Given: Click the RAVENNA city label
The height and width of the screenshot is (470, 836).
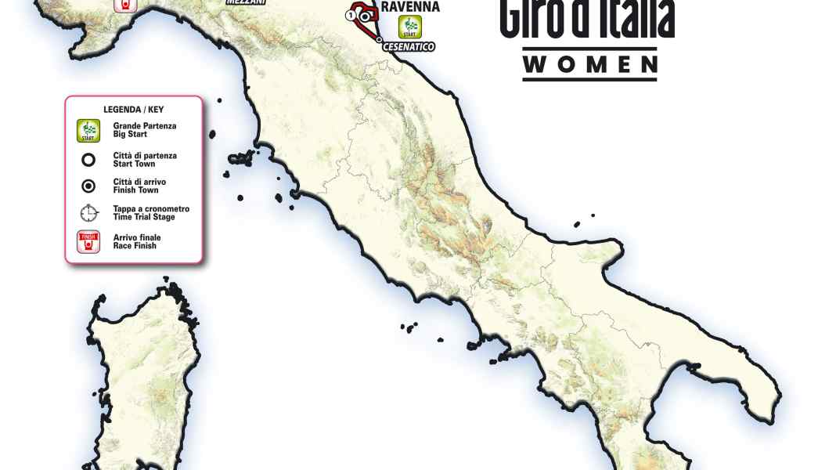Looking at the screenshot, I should pyautogui.click(x=409, y=8).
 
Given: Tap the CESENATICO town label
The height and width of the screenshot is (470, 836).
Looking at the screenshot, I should pyautogui.click(x=408, y=47).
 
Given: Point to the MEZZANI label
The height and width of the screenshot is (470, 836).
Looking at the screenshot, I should pyautogui.click(x=242, y=2).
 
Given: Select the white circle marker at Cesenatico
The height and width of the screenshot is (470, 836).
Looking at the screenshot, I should pyautogui.click(x=379, y=39).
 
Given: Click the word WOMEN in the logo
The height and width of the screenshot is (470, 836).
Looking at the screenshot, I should pyautogui.click(x=589, y=64).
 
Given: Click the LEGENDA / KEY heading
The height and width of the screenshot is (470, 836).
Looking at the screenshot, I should pyautogui.click(x=133, y=109).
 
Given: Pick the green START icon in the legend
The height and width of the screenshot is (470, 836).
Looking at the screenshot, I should pyautogui.click(x=88, y=130).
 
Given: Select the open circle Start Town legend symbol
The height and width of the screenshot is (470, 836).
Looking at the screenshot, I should pyautogui.click(x=88, y=160).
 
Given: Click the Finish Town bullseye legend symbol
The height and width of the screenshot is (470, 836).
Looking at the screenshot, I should pyautogui.click(x=88, y=186).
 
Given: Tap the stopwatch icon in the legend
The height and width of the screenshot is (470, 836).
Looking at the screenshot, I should pyautogui.click(x=88, y=213).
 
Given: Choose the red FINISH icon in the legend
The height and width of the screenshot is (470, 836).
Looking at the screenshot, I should pyautogui.click(x=88, y=241).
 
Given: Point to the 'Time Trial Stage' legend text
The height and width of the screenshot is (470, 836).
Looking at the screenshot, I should pyautogui.click(x=145, y=216).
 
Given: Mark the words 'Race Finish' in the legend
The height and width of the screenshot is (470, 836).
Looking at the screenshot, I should pyautogui.click(x=135, y=246).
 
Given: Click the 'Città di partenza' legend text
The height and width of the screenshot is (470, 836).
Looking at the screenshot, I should pyautogui.click(x=145, y=156).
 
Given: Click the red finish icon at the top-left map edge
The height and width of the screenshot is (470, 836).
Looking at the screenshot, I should pyautogui.click(x=125, y=5).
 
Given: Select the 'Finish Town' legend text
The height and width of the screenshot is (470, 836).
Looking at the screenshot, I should pyautogui.click(x=135, y=190).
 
